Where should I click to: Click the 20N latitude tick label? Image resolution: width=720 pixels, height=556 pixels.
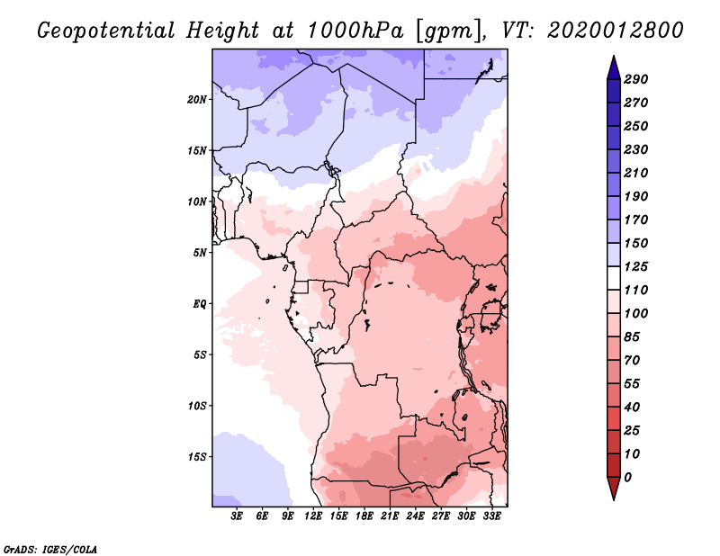pyautogui.click(x=197, y=99)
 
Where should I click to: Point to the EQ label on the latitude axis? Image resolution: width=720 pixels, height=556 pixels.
pyautogui.click(x=201, y=303)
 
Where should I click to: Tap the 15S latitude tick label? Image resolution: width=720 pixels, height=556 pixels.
pyautogui.click(x=197, y=456)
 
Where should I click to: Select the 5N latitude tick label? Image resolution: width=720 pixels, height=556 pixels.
pyautogui.click(x=200, y=252)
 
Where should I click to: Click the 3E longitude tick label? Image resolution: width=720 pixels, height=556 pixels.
pyautogui.click(x=238, y=516)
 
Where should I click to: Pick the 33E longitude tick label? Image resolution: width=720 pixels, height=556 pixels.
pyautogui.click(x=492, y=516)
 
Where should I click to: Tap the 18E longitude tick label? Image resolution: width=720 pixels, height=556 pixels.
pyautogui.click(x=364, y=516)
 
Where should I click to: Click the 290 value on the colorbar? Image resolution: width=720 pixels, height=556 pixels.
pyautogui.click(x=636, y=79)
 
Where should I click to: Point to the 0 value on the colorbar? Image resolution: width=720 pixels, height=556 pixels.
pyautogui.click(x=627, y=477)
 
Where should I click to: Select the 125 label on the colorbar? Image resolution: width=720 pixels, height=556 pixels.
pyautogui.click(x=636, y=266)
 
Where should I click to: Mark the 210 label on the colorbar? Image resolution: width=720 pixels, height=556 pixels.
pyautogui.click(x=636, y=173)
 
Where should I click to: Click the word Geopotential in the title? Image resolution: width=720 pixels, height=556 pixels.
pyautogui.click(x=105, y=31)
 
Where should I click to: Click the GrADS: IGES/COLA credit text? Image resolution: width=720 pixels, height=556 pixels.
pyautogui.click(x=49, y=547)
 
